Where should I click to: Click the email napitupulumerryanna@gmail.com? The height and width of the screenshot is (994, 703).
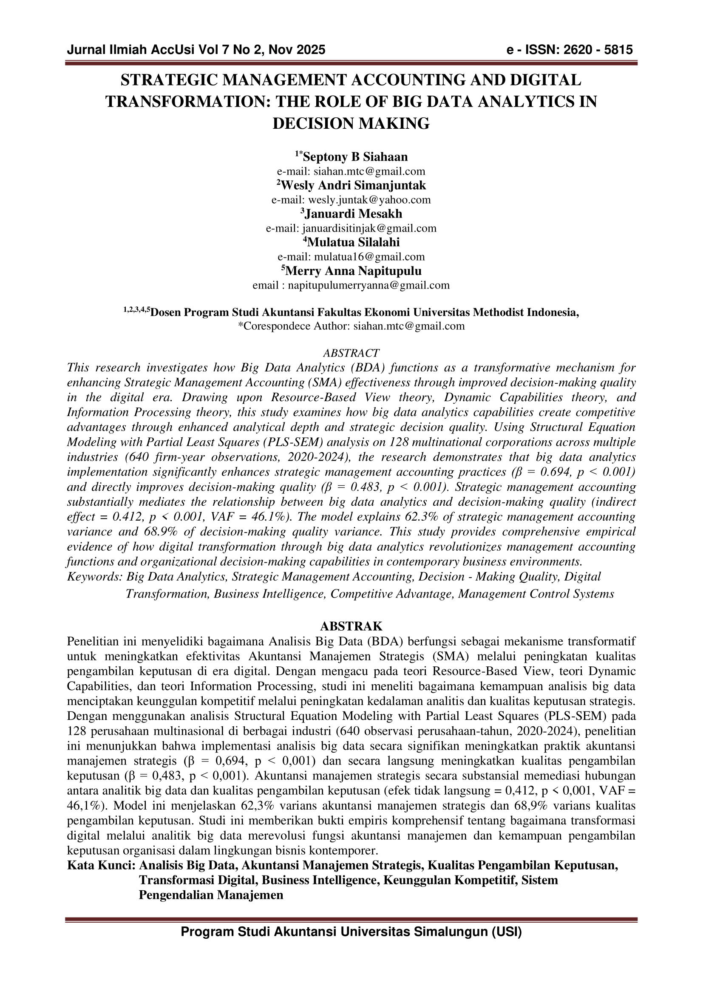(x=369, y=285)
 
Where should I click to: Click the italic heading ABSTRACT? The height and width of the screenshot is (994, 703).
(x=351, y=353)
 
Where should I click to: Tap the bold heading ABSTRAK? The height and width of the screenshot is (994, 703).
(x=351, y=626)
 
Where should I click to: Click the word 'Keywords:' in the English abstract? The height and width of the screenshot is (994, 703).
(x=95, y=577)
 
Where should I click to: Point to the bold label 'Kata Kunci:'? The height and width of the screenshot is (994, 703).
(x=102, y=865)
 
